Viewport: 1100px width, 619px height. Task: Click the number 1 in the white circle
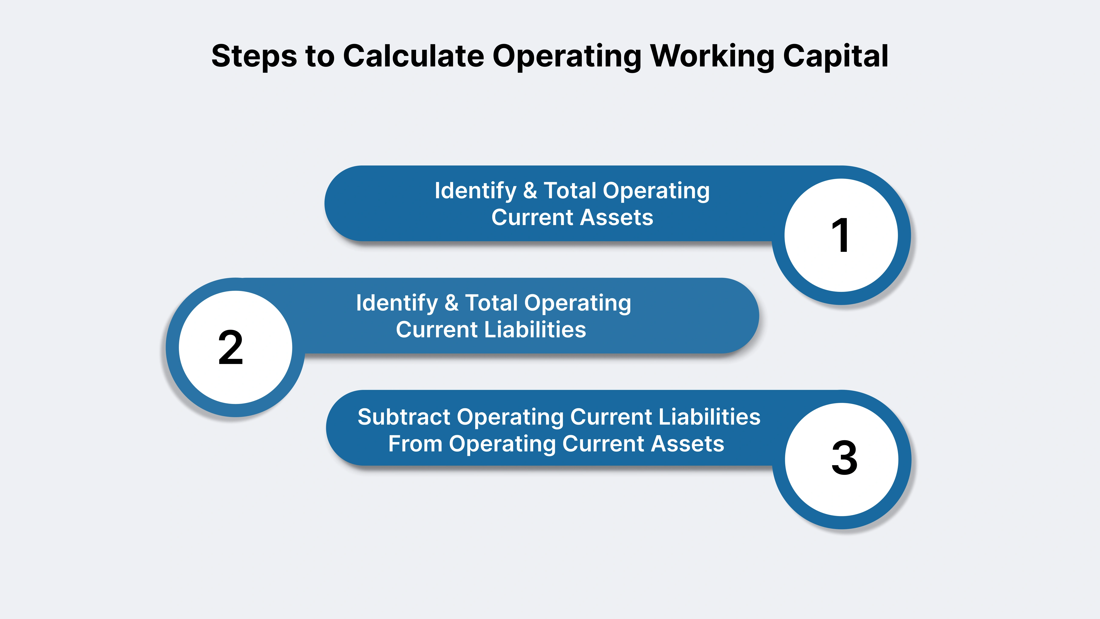click(x=840, y=235)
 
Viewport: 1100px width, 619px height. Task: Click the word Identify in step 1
click(x=475, y=191)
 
